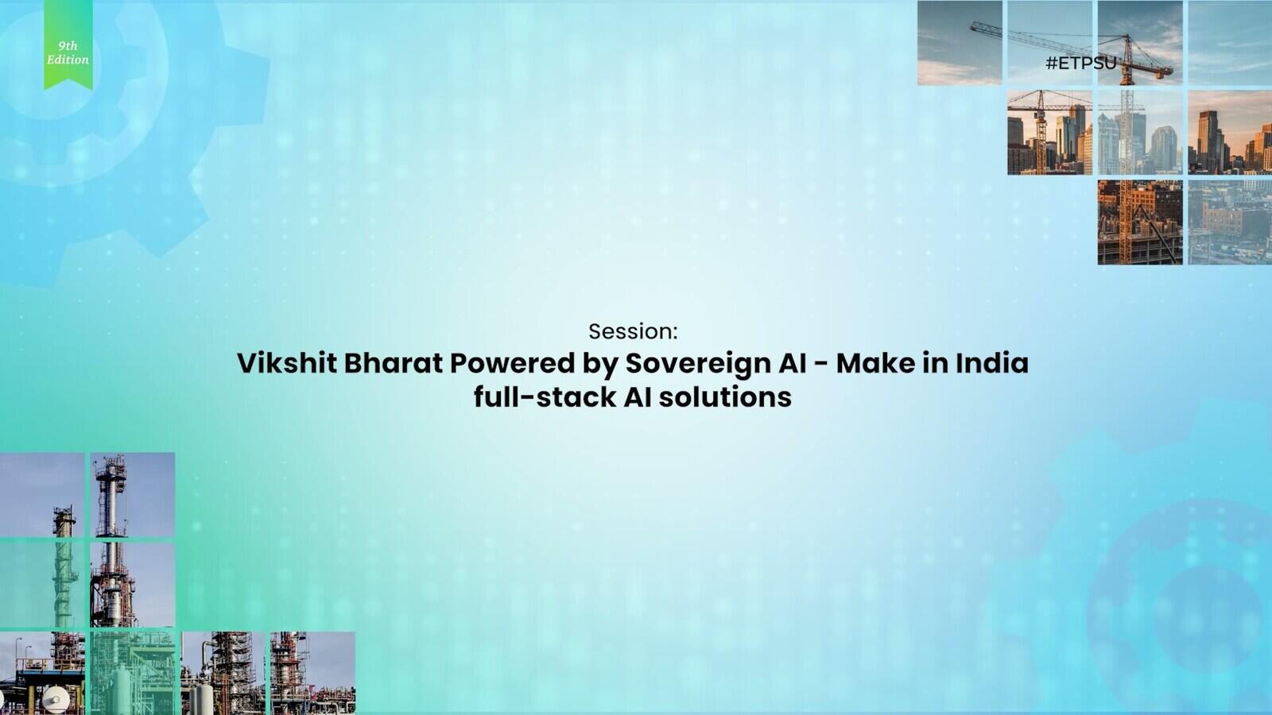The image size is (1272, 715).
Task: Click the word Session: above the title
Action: [633, 331]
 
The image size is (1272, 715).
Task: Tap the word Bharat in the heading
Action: [393, 363]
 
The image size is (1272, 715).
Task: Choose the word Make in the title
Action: [875, 363]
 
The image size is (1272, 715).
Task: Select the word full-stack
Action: [545, 397]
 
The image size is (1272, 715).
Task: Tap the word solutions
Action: [725, 397]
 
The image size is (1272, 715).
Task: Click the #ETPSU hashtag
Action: [1081, 63]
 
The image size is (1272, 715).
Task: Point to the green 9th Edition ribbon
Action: [68, 44]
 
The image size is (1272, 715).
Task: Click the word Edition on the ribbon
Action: [68, 60]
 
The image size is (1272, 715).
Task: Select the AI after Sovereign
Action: [792, 363]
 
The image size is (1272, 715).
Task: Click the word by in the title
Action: [600, 365]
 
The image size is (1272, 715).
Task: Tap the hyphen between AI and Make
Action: [821, 365]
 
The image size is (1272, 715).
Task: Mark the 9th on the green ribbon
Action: [68, 46]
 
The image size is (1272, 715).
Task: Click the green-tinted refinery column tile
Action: [43, 585]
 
